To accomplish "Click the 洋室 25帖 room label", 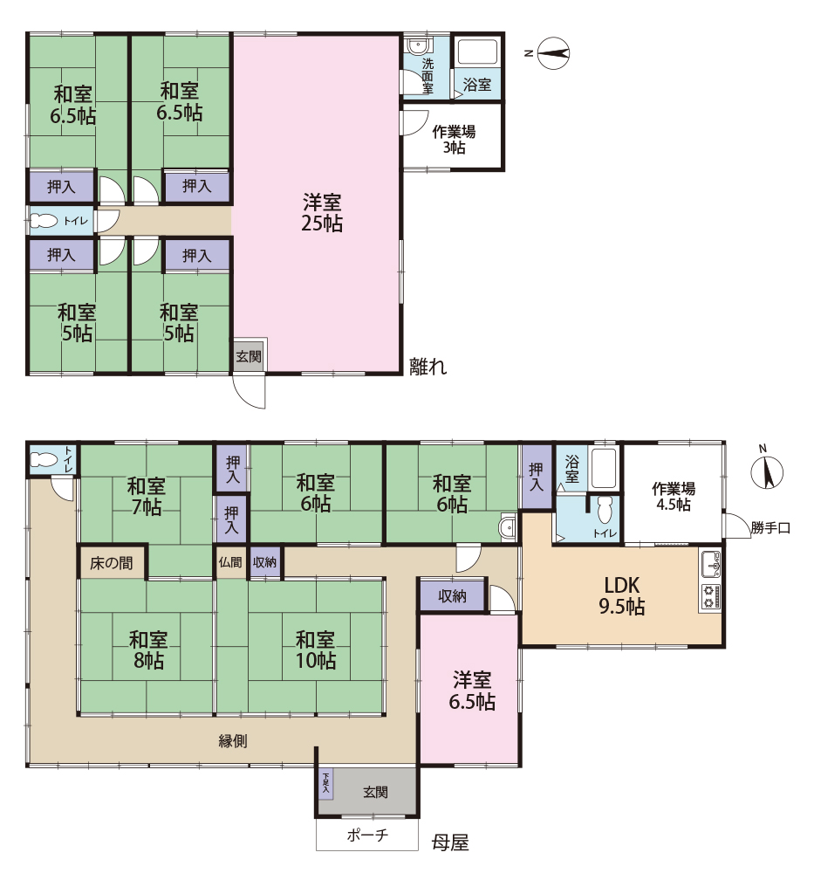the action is coord(322,212).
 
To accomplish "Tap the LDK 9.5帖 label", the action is coord(621,595).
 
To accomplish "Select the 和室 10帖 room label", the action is coord(316,650).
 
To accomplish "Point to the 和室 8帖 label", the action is coord(147,650).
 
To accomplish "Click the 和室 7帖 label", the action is coord(146,497).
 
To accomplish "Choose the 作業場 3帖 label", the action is coord(454,139).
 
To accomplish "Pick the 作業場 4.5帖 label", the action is coord(674,497).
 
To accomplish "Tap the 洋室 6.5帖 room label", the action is coord(472,691).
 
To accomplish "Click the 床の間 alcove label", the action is coord(112,563).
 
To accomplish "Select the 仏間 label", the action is coord(230,562).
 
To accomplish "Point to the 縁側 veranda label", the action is coord(233,741).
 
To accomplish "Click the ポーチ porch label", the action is coord(367,835).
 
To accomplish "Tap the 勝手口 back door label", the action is coord(770,528).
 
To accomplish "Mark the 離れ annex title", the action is coord(428,367).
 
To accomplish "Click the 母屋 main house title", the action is coord(450,842).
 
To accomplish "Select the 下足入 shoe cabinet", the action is coord(325,783).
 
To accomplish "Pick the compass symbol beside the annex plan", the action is coord(554,53).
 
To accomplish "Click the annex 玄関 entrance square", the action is coord(248,354).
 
